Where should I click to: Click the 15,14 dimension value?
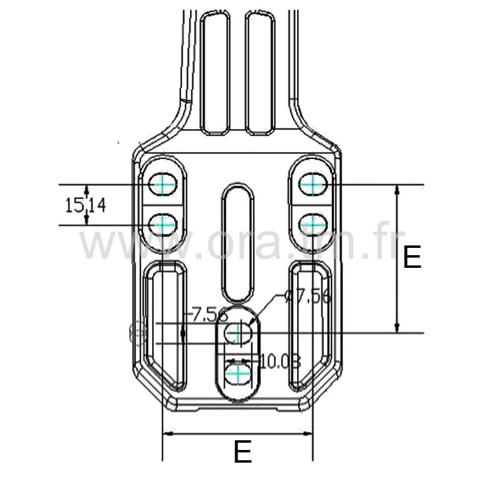click(86, 206)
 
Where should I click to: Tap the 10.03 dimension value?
click(281, 361)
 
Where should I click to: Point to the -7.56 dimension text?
click(208, 315)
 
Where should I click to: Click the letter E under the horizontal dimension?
click(243, 452)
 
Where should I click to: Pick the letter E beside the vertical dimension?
click(412, 258)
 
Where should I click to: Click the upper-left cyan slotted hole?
click(162, 185)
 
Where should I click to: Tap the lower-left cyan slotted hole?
click(162, 225)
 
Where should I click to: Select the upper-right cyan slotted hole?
click(312, 185)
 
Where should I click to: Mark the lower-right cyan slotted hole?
click(312, 225)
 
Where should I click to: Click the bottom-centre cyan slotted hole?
click(239, 374)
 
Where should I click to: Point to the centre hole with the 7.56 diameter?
click(238, 333)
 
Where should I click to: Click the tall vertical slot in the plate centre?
click(238, 242)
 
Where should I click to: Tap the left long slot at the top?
click(215, 73)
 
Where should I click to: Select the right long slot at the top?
click(260, 73)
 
